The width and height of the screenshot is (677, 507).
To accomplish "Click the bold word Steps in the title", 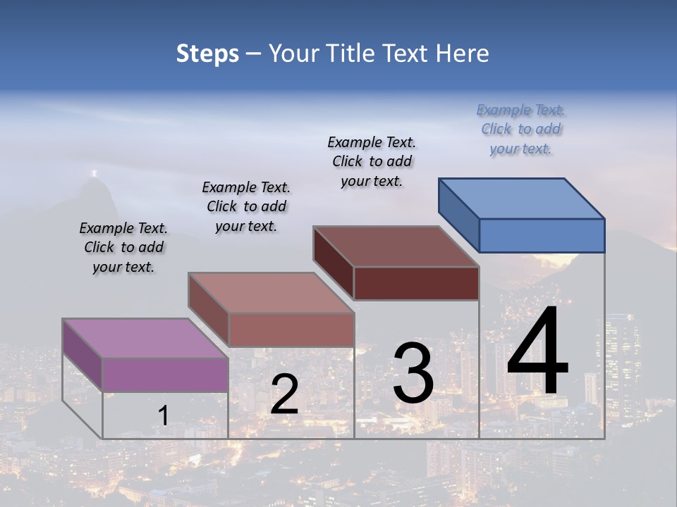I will (207, 54).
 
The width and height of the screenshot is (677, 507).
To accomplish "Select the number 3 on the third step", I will (413, 373).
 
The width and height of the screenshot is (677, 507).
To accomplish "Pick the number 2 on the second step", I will (284, 394).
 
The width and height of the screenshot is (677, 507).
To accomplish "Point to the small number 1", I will (163, 415).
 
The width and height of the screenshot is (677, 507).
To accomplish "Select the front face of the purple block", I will (165, 375).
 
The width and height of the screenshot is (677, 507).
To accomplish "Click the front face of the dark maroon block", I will (416, 283).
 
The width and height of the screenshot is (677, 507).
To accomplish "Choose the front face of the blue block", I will (542, 235).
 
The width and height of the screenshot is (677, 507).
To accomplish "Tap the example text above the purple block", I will (123, 247).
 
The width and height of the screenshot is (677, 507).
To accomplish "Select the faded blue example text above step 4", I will (521, 129).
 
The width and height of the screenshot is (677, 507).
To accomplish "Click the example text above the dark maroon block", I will (372, 161).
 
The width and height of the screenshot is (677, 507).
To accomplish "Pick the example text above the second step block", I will (246, 206).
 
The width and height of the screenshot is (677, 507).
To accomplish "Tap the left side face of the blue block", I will (458, 215).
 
